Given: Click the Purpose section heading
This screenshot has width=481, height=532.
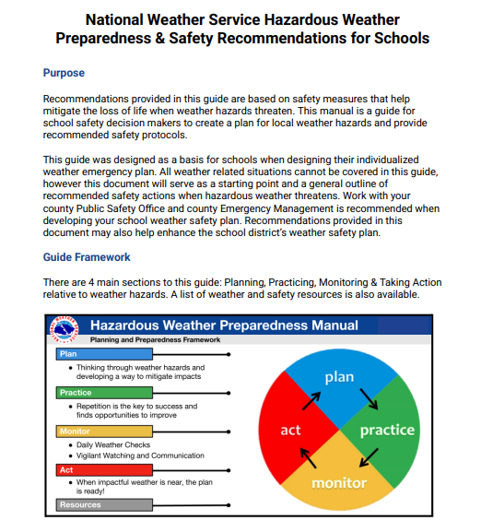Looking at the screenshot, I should [x=64, y=73].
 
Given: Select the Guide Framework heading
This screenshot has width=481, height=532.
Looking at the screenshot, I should [x=87, y=257].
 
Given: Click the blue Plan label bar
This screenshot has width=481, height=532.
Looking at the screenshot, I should [x=101, y=354].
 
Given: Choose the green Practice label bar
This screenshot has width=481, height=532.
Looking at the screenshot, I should [x=101, y=393].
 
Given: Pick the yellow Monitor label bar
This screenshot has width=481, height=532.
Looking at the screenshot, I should [x=101, y=431].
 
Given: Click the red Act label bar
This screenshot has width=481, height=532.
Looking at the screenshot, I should [x=101, y=469].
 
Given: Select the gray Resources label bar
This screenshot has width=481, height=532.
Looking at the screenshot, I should [x=101, y=505].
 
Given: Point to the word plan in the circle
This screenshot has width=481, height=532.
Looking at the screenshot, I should [x=339, y=378].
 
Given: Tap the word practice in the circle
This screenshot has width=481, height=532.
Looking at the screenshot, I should [x=387, y=430].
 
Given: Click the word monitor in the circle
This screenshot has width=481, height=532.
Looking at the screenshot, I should [x=339, y=483].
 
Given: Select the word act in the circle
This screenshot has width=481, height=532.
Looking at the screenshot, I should [x=290, y=431].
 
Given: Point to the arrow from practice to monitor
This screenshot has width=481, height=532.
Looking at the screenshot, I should [x=370, y=457].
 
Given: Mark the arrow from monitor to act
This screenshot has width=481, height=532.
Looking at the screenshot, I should [x=309, y=458].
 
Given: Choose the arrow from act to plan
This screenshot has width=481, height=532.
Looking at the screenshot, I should [x=311, y=399].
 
